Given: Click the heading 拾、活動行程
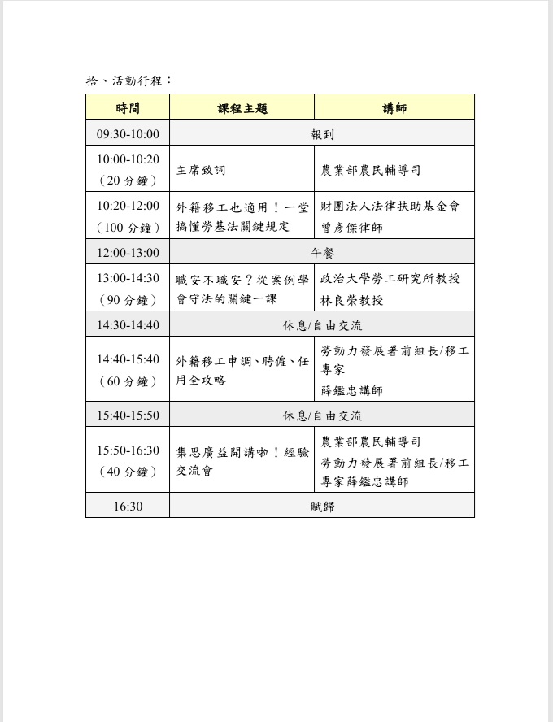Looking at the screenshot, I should point(128,80).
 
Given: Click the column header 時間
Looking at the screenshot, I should point(128,108).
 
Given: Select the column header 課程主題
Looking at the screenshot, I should point(242,108).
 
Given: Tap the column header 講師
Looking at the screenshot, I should point(394,108).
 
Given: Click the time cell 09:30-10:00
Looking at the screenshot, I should point(128,134).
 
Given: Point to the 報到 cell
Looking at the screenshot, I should point(322,134).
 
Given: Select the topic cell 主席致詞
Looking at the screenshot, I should point(201,170).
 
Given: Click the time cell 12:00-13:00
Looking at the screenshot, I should point(128,253).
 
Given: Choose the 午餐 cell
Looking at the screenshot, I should point(322,253).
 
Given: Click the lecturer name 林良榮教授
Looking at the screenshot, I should point(352,300).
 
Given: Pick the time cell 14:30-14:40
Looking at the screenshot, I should point(128,325).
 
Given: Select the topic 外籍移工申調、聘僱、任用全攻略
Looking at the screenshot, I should point(242,370).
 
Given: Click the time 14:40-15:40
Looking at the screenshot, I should point(128,359).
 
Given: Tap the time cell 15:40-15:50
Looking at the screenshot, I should point(128,415).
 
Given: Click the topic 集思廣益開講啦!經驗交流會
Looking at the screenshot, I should point(242,461).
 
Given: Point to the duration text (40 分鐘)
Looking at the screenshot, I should point(128,472).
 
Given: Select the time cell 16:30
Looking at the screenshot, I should point(128,507).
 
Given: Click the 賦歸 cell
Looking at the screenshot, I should point(322,507).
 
